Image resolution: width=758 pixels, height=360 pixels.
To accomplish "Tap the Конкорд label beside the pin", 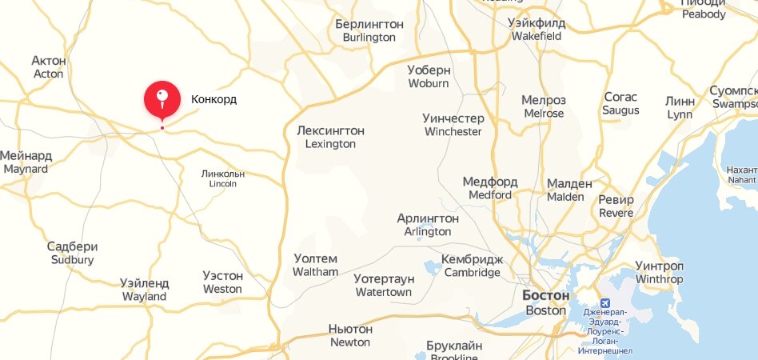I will (x=213, y=100).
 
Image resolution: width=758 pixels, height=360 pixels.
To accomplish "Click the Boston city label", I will (x=546, y=302).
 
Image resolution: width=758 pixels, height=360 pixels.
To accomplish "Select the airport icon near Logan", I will (x=604, y=303).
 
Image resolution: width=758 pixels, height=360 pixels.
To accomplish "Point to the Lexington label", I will (x=330, y=137).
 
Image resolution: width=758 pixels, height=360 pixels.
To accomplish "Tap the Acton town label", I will (x=48, y=67).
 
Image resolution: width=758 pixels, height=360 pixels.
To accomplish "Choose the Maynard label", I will (x=26, y=162).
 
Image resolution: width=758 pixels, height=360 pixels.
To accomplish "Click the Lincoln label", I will (x=223, y=178).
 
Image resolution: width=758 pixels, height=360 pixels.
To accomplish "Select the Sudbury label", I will (x=72, y=253).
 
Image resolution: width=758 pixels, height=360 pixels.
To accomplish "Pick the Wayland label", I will (x=144, y=290).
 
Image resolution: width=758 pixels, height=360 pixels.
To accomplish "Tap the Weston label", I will (x=222, y=282).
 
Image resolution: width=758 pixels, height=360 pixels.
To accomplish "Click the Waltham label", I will (x=316, y=265).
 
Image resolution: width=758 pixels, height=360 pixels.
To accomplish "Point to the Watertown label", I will (x=384, y=286).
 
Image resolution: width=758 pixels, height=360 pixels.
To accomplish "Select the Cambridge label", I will (x=472, y=266).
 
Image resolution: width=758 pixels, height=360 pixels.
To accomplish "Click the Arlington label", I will (x=428, y=225).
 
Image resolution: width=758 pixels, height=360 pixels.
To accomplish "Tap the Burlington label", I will (x=369, y=30).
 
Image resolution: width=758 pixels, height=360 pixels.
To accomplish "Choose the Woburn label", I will (x=429, y=76).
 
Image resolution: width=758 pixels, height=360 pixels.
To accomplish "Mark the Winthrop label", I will (x=659, y=272).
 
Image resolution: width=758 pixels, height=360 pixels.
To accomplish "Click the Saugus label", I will (x=620, y=103).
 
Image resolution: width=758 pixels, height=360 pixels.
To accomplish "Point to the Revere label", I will (x=616, y=206).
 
